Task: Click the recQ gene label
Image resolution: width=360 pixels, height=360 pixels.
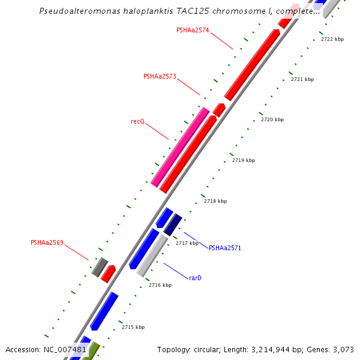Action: [x=137, y=121]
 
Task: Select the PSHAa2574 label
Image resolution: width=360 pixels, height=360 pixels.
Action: [x=193, y=30]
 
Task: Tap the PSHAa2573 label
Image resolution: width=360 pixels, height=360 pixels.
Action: [x=160, y=76]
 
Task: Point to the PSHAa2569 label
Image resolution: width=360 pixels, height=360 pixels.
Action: [x=47, y=243]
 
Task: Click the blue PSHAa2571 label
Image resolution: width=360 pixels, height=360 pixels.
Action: [x=225, y=248]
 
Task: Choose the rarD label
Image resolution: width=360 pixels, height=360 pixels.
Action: [x=195, y=278]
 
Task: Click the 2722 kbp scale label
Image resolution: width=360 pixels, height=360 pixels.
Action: [x=332, y=39]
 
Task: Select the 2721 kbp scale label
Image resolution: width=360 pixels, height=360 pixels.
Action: [x=302, y=79]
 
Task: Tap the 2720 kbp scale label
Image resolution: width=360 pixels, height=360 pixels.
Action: [x=272, y=120]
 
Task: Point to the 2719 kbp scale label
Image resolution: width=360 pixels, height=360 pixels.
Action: [x=244, y=160]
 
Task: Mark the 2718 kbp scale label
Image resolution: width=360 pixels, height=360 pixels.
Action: [x=215, y=201]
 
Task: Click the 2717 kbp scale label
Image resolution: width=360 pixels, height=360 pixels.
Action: [x=187, y=243]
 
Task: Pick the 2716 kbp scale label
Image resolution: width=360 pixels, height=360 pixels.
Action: [x=160, y=285]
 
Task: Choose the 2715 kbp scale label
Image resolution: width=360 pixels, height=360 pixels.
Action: [x=133, y=327]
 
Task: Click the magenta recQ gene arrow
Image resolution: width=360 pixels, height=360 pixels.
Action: [x=180, y=147]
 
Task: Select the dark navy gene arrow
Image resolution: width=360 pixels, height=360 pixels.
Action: [x=173, y=224]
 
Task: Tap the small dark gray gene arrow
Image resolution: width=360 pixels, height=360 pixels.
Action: [x=99, y=267]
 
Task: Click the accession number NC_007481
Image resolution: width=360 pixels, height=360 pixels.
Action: [x=65, y=349]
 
